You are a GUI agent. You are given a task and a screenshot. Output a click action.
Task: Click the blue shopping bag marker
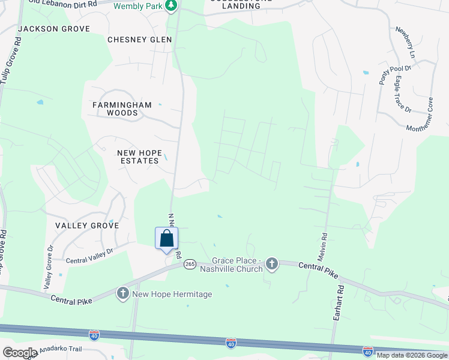pyautogui.click(x=167, y=238)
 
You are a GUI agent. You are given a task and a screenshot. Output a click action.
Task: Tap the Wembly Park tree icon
pyautogui.click(x=172, y=5)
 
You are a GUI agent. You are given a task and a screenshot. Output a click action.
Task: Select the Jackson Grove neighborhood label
pyautogui.click(x=54, y=29)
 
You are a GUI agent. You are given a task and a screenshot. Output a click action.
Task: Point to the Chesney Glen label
pyautogui.click(x=139, y=40)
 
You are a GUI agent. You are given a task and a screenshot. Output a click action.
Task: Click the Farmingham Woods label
pyautogui.click(x=122, y=109)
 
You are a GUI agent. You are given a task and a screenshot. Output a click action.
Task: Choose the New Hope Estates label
pyautogui.click(x=139, y=157)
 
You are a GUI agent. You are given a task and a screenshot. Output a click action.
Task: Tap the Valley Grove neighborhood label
pyautogui.click(x=87, y=226)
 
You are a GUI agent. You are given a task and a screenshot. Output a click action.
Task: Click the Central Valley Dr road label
pyautogui.click(x=89, y=256)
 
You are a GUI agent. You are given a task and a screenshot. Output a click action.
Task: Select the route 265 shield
pyautogui.click(x=190, y=264)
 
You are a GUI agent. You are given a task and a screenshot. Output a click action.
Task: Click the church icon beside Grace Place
pyautogui.click(x=272, y=263)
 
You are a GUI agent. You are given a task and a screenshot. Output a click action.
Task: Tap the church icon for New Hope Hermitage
pyautogui.click(x=123, y=293)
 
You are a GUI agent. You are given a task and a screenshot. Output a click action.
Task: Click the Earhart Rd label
pyautogui.click(x=338, y=311)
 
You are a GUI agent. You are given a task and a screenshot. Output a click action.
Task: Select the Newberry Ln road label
pyautogui.click(x=405, y=41)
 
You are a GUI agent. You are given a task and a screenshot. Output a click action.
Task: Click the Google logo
pyautogui.click(x=20, y=353)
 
